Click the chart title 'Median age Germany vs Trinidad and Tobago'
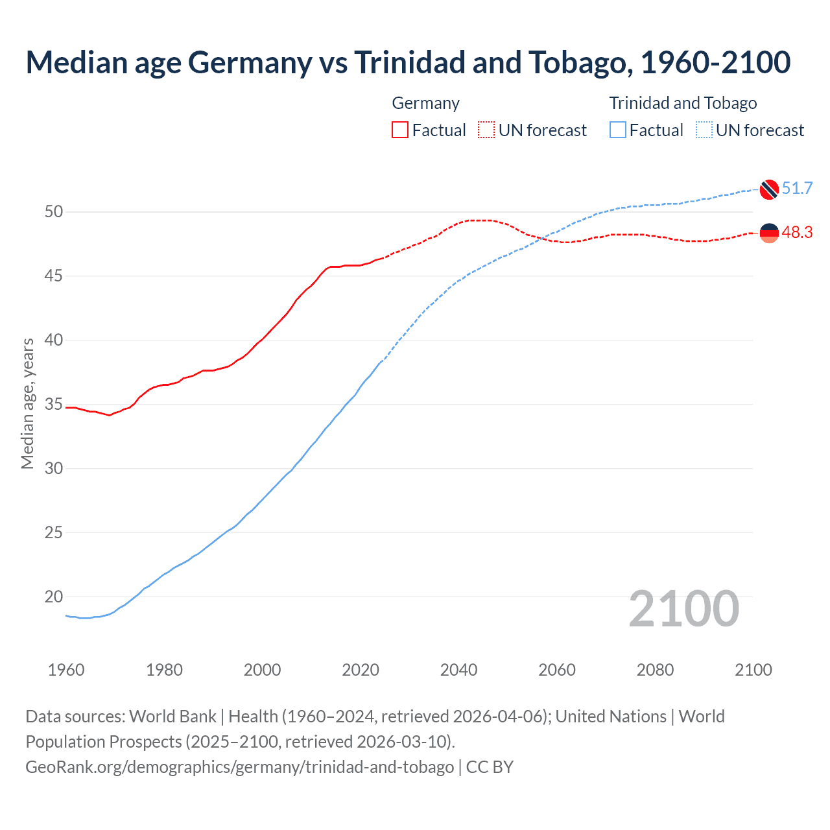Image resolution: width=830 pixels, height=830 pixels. (x=408, y=62)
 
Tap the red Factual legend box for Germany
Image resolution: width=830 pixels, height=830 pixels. (x=400, y=130)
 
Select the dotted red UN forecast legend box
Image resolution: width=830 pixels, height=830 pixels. (x=486, y=130)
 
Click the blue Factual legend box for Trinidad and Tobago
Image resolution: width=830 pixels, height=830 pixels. (x=618, y=130)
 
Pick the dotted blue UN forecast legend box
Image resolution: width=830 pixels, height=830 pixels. (x=704, y=130)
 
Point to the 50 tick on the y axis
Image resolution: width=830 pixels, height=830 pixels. (x=54, y=211)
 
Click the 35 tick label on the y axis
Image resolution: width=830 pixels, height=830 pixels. (x=54, y=405)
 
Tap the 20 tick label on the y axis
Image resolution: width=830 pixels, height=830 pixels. (x=54, y=597)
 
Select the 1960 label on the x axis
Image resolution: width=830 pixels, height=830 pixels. (x=66, y=670)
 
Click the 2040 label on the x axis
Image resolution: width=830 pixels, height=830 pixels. (x=458, y=670)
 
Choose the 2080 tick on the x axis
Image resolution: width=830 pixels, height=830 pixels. (x=655, y=670)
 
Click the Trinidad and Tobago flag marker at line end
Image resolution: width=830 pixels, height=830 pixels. (x=769, y=189)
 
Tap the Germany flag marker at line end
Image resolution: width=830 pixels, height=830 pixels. (x=769, y=233)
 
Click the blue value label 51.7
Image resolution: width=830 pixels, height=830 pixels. (x=797, y=189)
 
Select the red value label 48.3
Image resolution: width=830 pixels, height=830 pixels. (x=797, y=233)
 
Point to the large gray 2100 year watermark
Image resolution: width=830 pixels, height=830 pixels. (x=683, y=609)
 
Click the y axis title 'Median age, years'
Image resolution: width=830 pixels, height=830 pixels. (x=27, y=403)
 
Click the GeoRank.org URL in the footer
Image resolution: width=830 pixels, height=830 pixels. (x=239, y=767)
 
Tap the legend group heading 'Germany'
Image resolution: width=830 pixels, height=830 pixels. (x=426, y=103)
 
